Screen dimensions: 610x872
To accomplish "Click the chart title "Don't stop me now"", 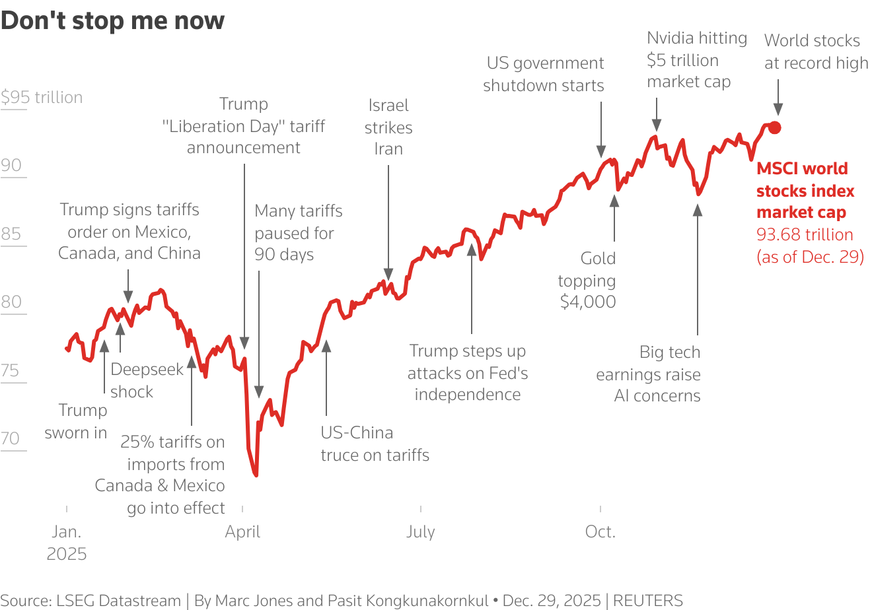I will (x=113, y=20).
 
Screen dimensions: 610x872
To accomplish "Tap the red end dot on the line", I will (x=775, y=128).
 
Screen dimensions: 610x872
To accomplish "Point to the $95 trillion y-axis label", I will (x=42, y=98).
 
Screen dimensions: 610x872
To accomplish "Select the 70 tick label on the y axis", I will (x=11, y=438).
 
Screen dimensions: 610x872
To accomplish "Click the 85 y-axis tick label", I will (x=11, y=234).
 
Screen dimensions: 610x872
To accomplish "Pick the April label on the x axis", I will (x=243, y=532).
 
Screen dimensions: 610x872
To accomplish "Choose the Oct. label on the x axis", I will (x=600, y=532).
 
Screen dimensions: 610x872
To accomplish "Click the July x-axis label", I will (x=421, y=532).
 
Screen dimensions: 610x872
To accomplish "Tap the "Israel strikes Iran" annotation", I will (x=388, y=127).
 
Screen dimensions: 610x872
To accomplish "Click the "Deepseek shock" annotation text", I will (x=147, y=380).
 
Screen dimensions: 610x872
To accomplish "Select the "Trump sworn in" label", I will (x=76, y=421).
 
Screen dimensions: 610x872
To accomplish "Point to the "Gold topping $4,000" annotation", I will (x=587, y=280).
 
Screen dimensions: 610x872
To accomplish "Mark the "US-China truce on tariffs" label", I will (x=375, y=444).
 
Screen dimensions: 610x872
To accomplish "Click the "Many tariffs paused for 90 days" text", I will (x=298, y=232).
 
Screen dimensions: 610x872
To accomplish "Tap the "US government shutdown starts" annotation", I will (x=544, y=74).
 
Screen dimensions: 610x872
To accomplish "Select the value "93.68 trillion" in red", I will (x=805, y=235).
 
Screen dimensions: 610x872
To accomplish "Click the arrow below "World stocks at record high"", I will (x=778, y=99).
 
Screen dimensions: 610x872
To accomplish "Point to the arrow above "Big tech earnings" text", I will (x=698, y=271).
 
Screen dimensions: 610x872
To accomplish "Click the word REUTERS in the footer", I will (x=647, y=601).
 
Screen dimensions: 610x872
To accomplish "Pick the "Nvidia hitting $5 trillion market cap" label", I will (x=697, y=60).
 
